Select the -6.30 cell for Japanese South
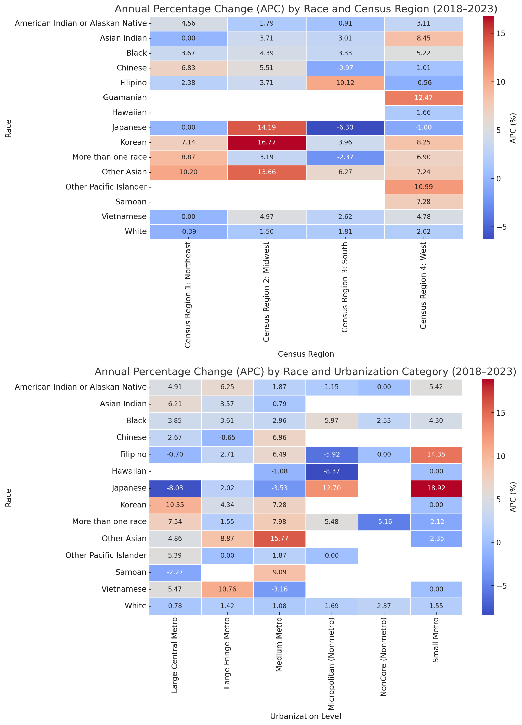[x=345, y=127]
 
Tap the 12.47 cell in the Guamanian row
[x=423, y=97]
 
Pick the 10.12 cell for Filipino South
[x=345, y=83]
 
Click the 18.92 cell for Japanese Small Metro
[x=436, y=488]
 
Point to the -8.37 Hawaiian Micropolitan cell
[x=332, y=471]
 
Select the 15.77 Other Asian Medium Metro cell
[x=280, y=539]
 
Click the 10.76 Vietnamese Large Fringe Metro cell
[x=227, y=589]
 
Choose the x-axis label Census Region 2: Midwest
[x=266, y=292]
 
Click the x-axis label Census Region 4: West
[x=423, y=285]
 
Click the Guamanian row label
[x=125, y=97]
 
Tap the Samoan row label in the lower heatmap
[x=131, y=572]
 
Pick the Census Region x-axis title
[x=306, y=354]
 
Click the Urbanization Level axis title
[x=305, y=716]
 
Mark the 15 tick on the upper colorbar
[x=501, y=34]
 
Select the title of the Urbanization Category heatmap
[x=305, y=372]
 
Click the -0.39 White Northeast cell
[x=188, y=231]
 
